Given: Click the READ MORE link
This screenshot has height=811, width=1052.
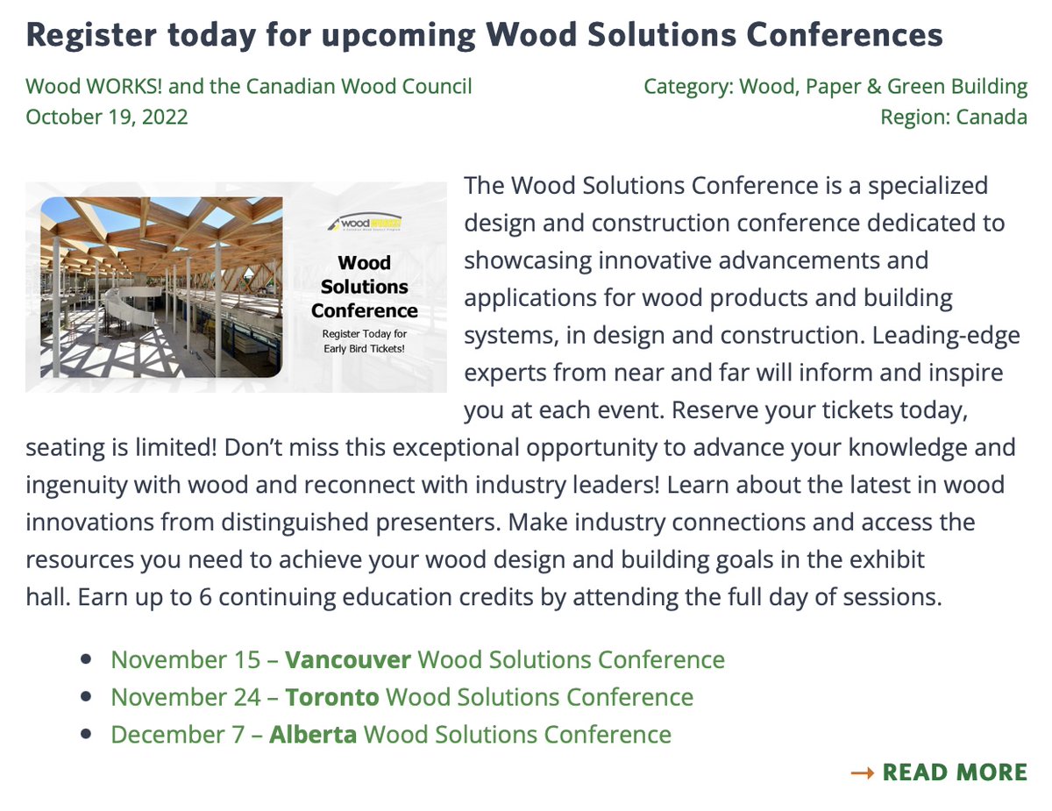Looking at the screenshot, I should (x=954, y=772).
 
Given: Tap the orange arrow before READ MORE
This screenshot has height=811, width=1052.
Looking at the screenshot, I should (x=863, y=772).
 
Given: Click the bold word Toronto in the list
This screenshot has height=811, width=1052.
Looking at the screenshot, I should (x=332, y=697).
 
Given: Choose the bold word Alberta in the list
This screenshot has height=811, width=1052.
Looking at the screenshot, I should (x=313, y=734).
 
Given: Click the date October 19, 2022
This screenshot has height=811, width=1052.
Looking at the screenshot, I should (x=107, y=117).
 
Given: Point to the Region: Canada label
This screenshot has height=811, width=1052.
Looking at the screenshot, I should (x=954, y=117).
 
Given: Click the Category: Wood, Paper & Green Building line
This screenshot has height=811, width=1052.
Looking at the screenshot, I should (x=835, y=87).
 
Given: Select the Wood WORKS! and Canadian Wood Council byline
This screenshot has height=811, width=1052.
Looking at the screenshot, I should (x=249, y=87).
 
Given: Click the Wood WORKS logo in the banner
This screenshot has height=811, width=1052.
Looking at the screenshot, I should (x=364, y=222).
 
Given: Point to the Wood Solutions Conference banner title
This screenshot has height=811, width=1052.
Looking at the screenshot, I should (x=364, y=286).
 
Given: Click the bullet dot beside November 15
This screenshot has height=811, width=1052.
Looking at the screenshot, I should (x=86, y=659).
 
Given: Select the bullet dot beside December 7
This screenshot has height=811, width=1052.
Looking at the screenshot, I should (x=86, y=734).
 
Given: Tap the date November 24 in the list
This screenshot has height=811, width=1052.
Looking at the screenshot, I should (x=186, y=697).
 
